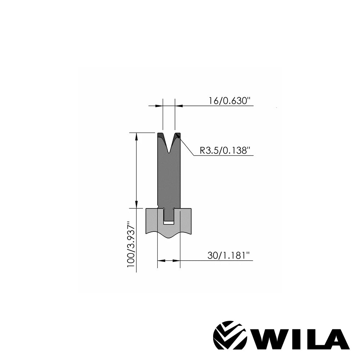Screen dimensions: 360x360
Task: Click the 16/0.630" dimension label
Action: tap(229, 101)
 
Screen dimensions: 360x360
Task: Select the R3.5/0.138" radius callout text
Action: tap(225, 150)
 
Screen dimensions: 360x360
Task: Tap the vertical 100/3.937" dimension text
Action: tap(131, 244)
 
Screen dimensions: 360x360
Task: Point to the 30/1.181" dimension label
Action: tap(228, 255)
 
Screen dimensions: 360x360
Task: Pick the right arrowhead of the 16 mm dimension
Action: tap(179, 106)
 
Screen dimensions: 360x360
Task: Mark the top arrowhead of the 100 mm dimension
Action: tap(136, 136)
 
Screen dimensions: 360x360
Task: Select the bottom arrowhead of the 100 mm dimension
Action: tap(136, 204)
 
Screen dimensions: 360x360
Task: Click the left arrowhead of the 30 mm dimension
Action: tap(161, 261)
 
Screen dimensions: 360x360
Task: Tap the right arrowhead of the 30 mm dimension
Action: tap(176, 261)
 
